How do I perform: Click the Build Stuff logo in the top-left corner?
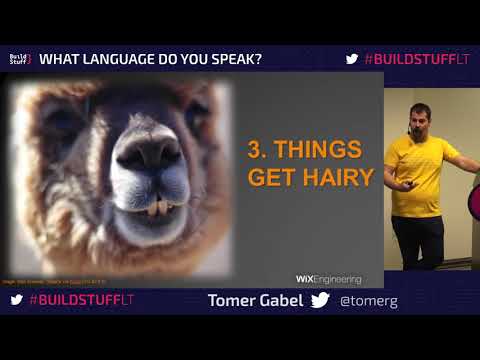point(20,59)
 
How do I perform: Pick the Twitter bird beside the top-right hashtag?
point(352,59)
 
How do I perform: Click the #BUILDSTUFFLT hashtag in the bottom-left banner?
point(81,299)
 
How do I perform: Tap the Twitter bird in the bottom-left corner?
point(17,299)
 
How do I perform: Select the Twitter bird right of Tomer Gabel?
point(320,300)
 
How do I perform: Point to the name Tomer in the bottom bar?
point(232,300)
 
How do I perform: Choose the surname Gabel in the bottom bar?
point(283,300)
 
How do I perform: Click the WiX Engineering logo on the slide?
point(328,279)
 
